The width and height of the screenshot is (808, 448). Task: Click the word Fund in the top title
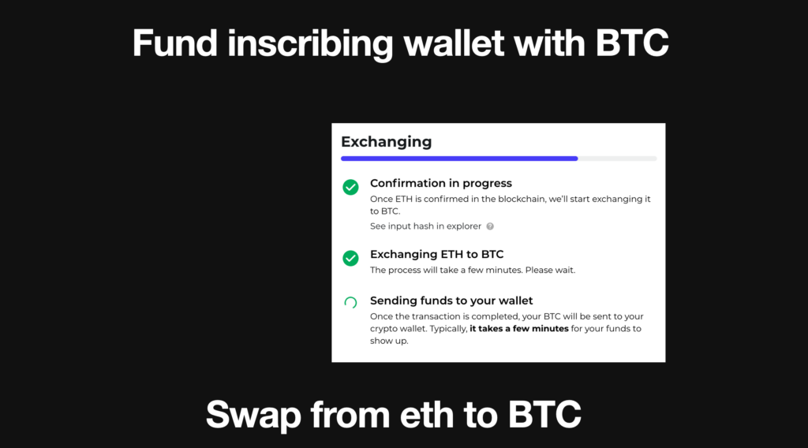pyautogui.click(x=174, y=43)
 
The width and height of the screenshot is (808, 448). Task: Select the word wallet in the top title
pyautogui.click(x=454, y=43)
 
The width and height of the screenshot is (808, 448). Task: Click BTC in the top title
pyautogui.click(x=632, y=43)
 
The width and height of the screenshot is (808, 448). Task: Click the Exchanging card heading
pyautogui.click(x=387, y=142)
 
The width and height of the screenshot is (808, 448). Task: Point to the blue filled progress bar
pyautogui.click(x=459, y=159)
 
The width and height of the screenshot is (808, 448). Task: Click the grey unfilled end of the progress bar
pyautogui.click(x=617, y=159)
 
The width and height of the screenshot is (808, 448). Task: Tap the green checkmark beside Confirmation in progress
pyautogui.click(x=350, y=187)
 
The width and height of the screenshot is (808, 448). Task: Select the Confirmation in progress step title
pyautogui.click(x=441, y=183)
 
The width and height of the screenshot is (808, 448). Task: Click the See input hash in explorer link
pyautogui.click(x=425, y=226)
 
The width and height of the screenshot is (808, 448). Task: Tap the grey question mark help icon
pyautogui.click(x=490, y=226)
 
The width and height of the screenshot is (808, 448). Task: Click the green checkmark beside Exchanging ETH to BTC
pyautogui.click(x=350, y=258)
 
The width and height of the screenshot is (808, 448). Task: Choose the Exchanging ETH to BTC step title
pyautogui.click(x=437, y=255)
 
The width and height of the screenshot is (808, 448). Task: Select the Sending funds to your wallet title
pyautogui.click(x=451, y=301)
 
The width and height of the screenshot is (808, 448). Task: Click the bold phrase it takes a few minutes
pyautogui.click(x=519, y=329)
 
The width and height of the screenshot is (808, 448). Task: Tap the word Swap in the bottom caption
pyautogui.click(x=253, y=415)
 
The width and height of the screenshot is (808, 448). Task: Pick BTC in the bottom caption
pyautogui.click(x=544, y=415)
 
